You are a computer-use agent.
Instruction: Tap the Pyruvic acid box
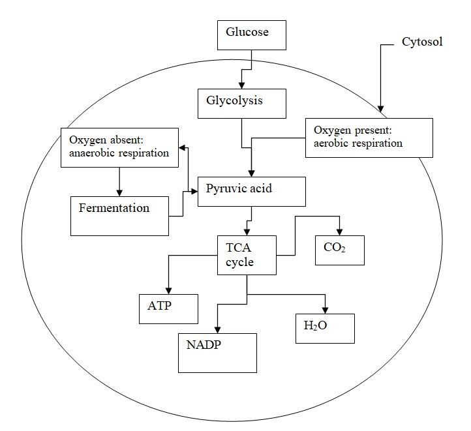251,191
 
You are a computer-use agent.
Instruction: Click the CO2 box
339,250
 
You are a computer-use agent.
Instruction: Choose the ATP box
169,308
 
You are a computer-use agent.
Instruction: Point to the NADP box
217,352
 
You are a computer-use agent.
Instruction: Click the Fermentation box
119,215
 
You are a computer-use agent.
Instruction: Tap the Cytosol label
421,42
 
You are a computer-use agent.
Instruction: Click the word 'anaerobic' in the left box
88,154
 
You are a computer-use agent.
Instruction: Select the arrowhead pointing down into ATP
169,290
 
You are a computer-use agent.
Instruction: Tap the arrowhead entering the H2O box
326,309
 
